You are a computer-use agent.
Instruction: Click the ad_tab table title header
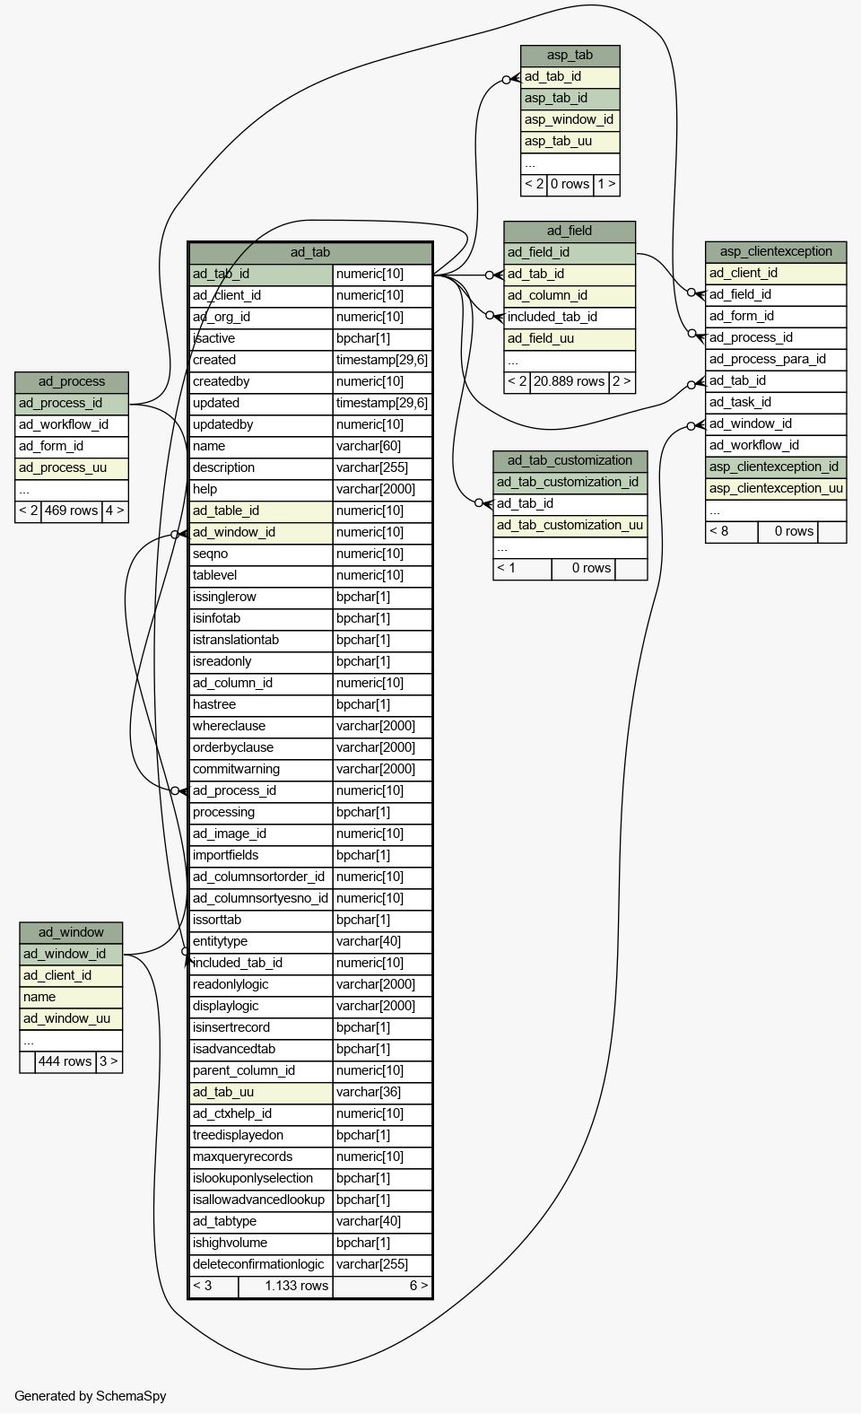(x=310, y=252)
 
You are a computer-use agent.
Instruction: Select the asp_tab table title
(x=570, y=56)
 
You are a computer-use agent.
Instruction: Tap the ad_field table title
(x=570, y=231)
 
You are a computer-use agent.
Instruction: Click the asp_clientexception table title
(x=776, y=252)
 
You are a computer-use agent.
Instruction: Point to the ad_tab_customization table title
(x=570, y=461)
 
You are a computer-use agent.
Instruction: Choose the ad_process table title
(x=72, y=382)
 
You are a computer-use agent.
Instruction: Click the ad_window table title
(x=71, y=932)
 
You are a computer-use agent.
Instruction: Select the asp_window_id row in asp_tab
(x=569, y=120)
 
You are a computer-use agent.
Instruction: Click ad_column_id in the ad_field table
(x=547, y=296)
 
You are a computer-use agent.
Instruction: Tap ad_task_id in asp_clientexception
(x=740, y=403)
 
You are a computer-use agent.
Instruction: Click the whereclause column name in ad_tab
(x=229, y=727)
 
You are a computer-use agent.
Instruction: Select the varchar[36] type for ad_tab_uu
(x=369, y=1093)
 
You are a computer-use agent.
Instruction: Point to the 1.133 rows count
(x=297, y=1286)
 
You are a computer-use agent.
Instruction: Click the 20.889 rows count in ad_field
(x=569, y=382)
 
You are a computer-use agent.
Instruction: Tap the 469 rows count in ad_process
(x=72, y=511)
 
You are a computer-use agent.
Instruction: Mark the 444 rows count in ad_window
(x=65, y=1061)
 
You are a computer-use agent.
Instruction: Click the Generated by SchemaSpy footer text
(x=91, y=1396)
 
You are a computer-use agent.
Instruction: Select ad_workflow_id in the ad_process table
(x=64, y=425)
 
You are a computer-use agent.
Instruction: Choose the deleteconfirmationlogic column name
(x=258, y=1264)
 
